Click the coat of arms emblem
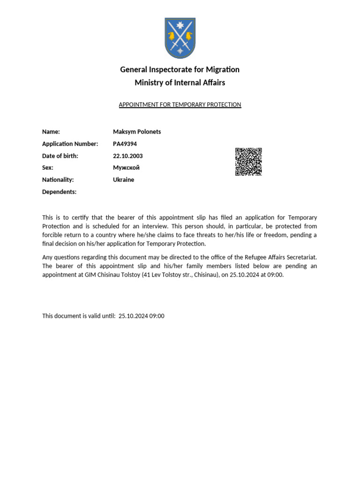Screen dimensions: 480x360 coord(180,38)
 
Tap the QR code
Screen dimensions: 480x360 coord(248,162)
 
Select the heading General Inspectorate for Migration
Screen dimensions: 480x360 coord(180,69)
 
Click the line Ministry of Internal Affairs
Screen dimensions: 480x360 coord(180,82)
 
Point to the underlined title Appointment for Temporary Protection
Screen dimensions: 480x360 coord(180,105)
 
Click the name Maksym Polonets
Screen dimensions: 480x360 coord(137,132)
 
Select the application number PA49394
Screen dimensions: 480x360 coord(125,144)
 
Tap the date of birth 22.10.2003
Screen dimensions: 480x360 coord(128,156)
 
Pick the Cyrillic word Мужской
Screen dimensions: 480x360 coord(126,167)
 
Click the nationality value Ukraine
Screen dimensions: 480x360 coord(123,180)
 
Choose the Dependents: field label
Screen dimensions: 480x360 coord(59,192)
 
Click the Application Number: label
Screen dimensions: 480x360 coord(70,144)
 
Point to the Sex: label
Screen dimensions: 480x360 coord(48,167)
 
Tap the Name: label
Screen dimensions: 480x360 coord(51,132)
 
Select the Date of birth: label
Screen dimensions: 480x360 coord(60,156)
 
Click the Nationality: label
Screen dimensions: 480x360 coord(58,180)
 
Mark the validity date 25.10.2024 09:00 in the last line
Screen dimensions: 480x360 coord(142,316)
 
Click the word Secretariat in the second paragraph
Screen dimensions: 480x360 coord(302,257)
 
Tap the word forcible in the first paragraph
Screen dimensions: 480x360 coord(52,235)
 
